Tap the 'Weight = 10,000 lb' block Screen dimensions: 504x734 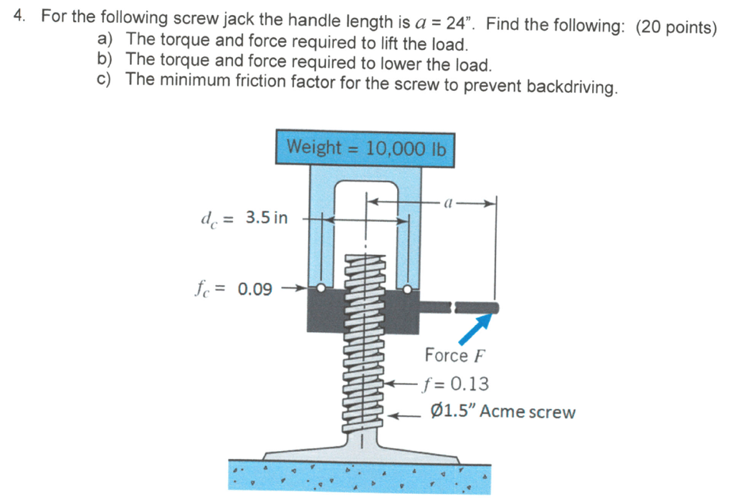pos(366,148)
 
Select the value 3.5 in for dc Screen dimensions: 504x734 pos(267,218)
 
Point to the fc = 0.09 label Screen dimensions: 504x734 pos(233,289)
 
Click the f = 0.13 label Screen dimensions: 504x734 pos(457,384)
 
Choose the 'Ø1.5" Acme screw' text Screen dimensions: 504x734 pos(502,412)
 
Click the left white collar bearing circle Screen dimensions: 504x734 pos(323,289)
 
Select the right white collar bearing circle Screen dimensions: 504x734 pos(408,289)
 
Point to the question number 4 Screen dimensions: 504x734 pos(20,17)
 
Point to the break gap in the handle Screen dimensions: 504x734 pos(452,308)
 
